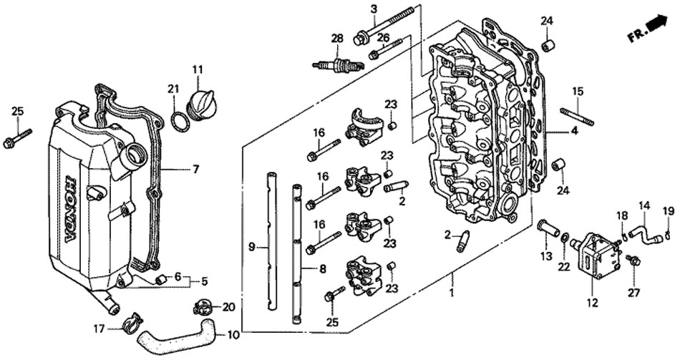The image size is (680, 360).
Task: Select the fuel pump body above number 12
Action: point(595,251)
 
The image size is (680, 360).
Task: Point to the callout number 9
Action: point(252,248)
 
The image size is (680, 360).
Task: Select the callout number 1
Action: point(452,293)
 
